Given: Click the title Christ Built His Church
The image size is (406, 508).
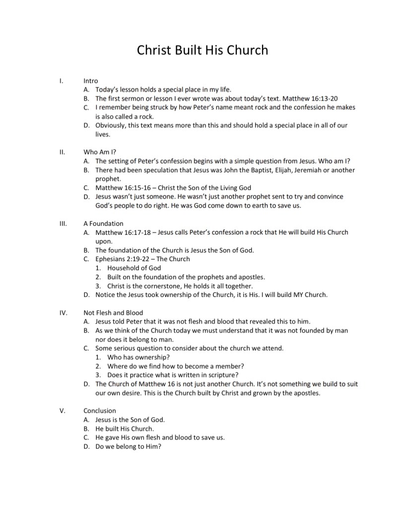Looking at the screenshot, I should coord(203,50).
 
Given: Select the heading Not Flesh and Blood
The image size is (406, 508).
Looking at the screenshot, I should coord(113,312).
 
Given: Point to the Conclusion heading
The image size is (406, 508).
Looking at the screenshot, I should coord(100,411).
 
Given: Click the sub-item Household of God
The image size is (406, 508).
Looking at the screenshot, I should coord(134,268).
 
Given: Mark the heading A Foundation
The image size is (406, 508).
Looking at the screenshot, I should coord(103,223).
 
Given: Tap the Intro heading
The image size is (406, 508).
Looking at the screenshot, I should coord(91,80).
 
